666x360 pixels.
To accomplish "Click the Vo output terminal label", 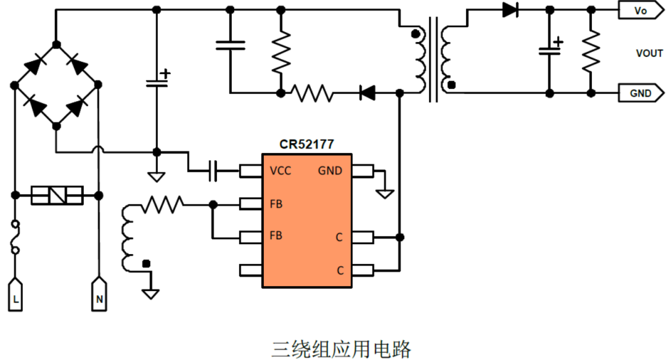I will pos(641,10).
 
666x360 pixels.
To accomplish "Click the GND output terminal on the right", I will pos(641,94).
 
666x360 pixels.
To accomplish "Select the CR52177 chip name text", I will pos(306,145).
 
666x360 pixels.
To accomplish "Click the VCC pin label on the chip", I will pos(281,171).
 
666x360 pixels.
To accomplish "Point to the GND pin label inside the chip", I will pos(330,171).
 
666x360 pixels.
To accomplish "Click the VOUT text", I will pos(649,54).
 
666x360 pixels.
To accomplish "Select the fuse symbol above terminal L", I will pos(15,237).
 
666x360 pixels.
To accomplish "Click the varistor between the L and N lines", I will pos(57,195).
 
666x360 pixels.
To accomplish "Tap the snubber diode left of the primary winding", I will pos(368,94).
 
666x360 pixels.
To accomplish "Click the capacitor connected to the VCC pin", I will pos(213,171).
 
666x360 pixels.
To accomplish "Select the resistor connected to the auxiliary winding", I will pos(163,203).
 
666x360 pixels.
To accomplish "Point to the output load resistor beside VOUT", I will pos(591,51).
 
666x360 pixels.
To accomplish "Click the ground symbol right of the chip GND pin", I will pos(386,193).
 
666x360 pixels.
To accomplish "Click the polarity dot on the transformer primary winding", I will pos(415,34).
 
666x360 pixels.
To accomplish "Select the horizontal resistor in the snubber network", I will pos(312,94).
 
